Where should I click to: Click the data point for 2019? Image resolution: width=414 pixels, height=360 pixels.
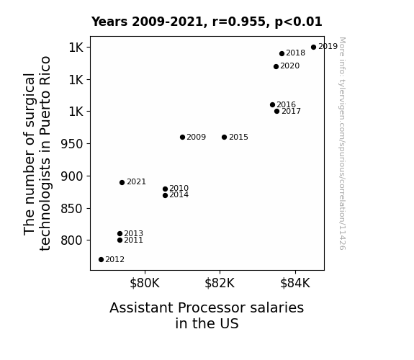[313, 48]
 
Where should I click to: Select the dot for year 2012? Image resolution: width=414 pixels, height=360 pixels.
[101, 260]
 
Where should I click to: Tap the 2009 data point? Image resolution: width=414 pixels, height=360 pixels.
[182, 137]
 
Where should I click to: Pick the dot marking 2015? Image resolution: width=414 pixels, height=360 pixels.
[224, 137]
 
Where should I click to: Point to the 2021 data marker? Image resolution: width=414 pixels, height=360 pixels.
[122, 182]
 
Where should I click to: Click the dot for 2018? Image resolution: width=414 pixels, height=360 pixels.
[282, 53]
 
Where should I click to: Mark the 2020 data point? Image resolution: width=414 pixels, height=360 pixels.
[276, 66]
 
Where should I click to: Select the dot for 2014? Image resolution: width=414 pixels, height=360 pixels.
[166, 195]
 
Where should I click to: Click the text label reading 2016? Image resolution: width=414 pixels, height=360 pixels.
[287, 104]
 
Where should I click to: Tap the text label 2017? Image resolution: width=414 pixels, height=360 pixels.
[291, 111]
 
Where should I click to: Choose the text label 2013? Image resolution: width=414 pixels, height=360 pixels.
[134, 233]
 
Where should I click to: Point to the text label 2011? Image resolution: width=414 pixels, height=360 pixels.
[134, 240]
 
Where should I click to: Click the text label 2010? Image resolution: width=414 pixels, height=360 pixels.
[179, 188]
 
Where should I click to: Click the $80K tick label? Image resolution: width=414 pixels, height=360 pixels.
[145, 283]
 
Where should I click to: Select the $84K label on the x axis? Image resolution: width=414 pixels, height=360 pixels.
[295, 283]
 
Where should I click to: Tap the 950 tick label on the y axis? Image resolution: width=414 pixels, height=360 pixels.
[72, 144]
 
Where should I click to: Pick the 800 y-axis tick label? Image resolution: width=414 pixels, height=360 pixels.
[72, 240]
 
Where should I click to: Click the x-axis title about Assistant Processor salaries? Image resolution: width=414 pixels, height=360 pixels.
[207, 315]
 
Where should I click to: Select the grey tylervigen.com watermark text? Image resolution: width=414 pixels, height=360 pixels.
[342, 143]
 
